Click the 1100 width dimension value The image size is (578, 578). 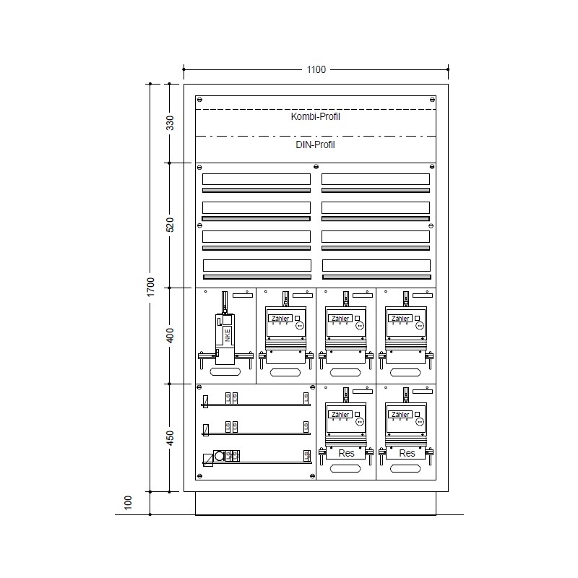click(x=316, y=70)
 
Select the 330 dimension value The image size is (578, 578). click(x=171, y=123)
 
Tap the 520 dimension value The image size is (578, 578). click(x=171, y=225)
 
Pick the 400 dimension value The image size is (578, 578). click(x=171, y=335)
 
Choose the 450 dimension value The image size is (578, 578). click(x=171, y=438)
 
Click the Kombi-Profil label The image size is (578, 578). click(x=316, y=117)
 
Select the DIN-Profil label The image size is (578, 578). click(x=316, y=144)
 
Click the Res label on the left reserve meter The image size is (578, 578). click(x=347, y=453)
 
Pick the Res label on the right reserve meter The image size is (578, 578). click(x=407, y=453)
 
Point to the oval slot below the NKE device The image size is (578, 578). click(x=225, y=372)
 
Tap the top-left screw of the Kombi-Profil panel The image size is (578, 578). click(x=200, y=99)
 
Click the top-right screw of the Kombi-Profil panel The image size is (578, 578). click(x=432, y=99)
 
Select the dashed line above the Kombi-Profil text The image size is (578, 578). click(x=316, y=109)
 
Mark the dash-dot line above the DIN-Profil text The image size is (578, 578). click(x=316, y=136)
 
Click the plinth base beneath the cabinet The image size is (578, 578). click(x=316, y=504)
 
